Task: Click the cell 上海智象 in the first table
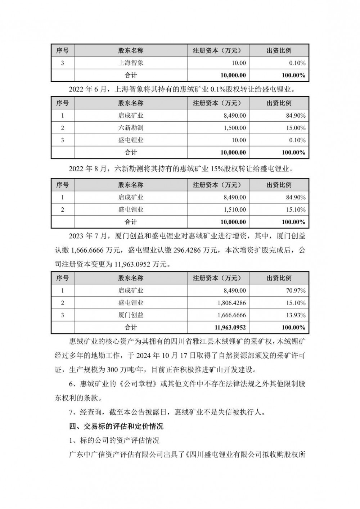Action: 131,63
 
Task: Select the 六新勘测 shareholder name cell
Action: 131,128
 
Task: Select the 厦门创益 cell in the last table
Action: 131,315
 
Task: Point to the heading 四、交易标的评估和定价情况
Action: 116,426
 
